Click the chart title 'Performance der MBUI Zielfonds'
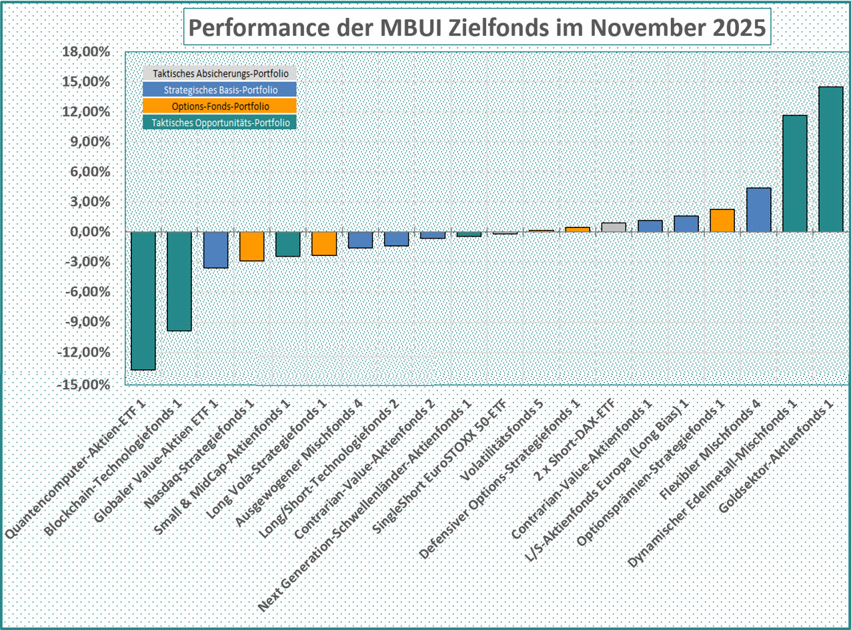pos(478,29)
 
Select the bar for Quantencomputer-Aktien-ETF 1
pos(143,300)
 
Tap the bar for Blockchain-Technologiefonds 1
pos(179,281)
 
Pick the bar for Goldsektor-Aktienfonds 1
pos(830,159)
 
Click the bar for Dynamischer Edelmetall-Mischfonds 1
pos(794,173)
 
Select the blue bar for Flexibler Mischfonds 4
pos(758,210)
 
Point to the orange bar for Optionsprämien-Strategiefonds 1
pos(722,221)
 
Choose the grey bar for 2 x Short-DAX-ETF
pos(614,227)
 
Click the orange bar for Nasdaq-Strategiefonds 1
pos(251,246)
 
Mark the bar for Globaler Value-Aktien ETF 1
pos(215,250)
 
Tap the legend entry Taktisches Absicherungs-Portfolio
pos(221,74)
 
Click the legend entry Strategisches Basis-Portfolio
pos(221,90)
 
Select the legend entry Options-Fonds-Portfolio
pos(221,106)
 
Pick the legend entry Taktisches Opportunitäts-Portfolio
pos(221,122)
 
